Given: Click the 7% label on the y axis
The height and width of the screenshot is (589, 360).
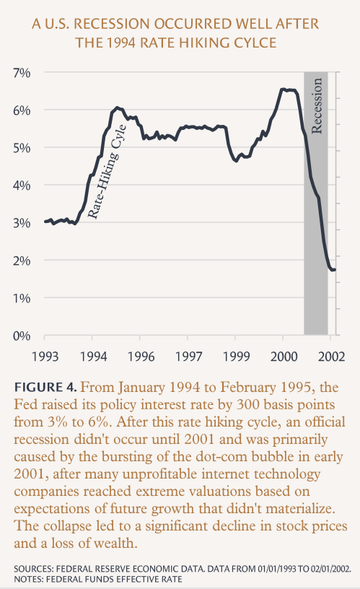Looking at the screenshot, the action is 22,72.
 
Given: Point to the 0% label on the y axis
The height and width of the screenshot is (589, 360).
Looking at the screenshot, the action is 22,336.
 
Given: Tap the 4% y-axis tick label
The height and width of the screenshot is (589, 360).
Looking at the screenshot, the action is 22,186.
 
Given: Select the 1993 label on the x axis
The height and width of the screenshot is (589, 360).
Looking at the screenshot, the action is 45,356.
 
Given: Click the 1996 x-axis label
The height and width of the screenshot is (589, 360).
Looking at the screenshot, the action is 141,356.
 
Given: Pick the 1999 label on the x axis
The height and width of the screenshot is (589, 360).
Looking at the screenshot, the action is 236,356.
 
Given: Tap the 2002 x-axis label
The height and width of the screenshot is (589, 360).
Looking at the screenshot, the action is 331,356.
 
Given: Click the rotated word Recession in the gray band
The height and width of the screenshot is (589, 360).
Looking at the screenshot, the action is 317,105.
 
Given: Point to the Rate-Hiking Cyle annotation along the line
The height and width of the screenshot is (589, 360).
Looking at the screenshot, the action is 107,171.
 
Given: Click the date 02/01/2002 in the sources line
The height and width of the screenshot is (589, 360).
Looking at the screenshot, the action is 328,569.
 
